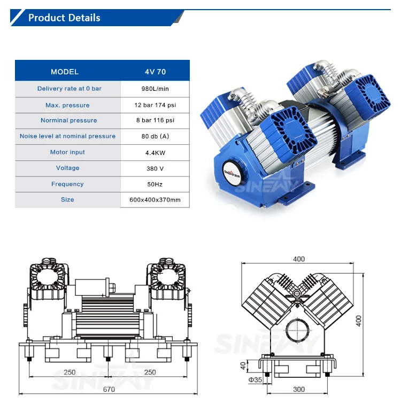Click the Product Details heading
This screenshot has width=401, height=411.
point(64,18)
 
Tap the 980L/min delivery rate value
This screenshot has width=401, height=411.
point(155,89)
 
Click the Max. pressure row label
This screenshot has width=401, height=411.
point(67,105)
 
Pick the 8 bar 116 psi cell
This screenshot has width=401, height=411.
point(155,120)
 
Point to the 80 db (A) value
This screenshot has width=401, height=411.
point(155,136)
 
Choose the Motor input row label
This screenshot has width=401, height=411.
point(67,152)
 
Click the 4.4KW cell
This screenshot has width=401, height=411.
point(155,153)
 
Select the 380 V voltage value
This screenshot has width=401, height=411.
point(155,168)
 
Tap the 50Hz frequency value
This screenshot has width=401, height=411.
point(155,184)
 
